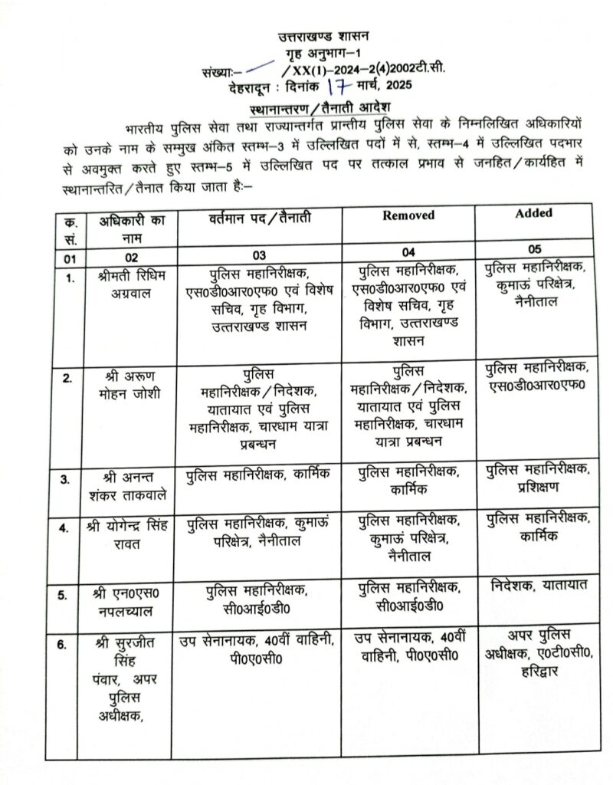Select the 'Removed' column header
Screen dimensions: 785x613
click(x=408, y=215)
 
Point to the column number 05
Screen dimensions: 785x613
click(x=535, y=250)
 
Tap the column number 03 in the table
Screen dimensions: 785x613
click(x=259, y=253)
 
